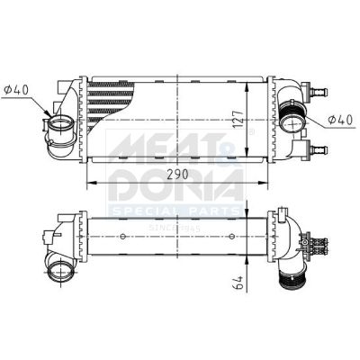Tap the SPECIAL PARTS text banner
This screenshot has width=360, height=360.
pos(175,211)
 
